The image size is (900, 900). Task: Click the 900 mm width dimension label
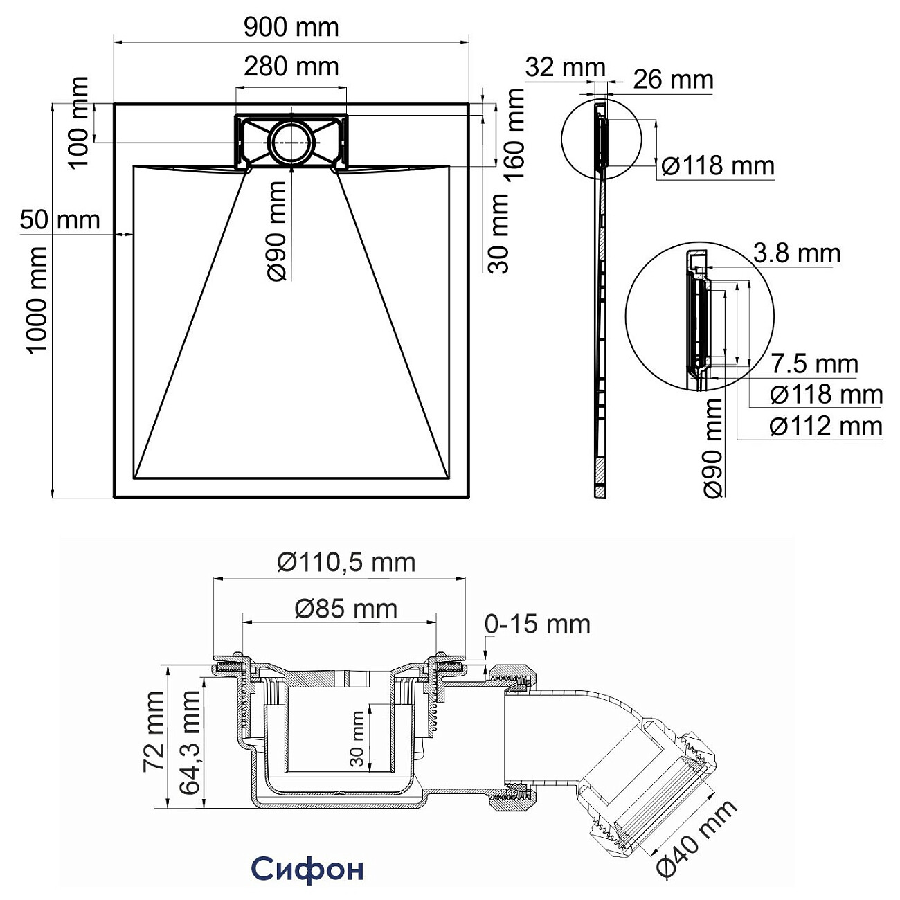click(291, 27)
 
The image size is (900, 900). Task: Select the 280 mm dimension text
click(291, 66)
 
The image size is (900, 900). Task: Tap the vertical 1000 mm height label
click(35, 299)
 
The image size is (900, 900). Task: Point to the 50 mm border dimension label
click(60, 220)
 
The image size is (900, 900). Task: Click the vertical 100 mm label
click(79, 122)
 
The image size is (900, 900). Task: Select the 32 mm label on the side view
click(565, 68)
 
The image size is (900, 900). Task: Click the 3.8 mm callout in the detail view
click(796, 253)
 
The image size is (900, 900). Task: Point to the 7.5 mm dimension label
click(814, 363)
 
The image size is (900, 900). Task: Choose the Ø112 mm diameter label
click(826, 426)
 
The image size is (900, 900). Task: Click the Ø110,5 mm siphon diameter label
click(346, 562)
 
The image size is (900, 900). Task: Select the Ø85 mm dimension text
click(346, 609)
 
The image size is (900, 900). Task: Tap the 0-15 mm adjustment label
click(537, 624)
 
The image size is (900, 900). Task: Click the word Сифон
click(307, 868)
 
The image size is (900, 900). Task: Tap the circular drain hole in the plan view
click(291, 142)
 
